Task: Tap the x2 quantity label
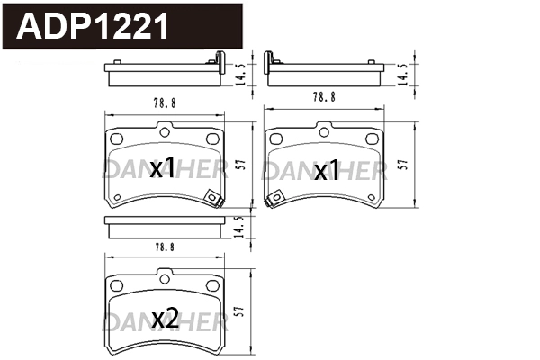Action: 166,318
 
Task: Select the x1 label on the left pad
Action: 162,168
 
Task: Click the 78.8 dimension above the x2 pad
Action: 165,245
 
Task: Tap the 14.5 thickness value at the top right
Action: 401,72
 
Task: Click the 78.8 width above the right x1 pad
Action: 325,95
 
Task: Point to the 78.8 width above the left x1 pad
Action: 165,103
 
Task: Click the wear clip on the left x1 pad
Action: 212,199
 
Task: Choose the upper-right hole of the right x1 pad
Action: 371,139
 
